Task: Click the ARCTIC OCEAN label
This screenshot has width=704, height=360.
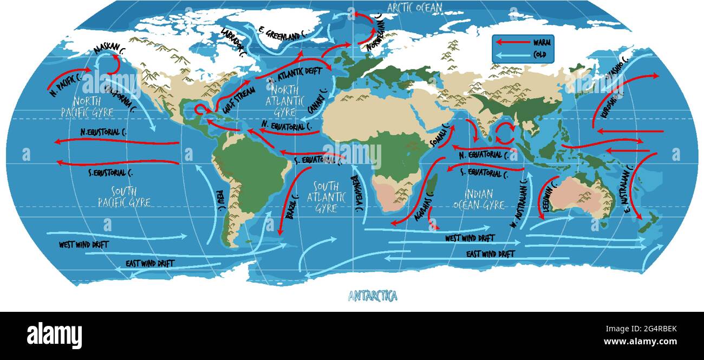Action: [x=415, y=7]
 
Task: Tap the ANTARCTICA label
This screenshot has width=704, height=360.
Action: [x=373, y=296]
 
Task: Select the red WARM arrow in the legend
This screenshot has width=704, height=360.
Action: [x=512, y=42]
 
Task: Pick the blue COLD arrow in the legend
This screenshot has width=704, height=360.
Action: [x=512, y=55]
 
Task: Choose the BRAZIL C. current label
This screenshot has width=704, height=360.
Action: [x=292, y=207]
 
